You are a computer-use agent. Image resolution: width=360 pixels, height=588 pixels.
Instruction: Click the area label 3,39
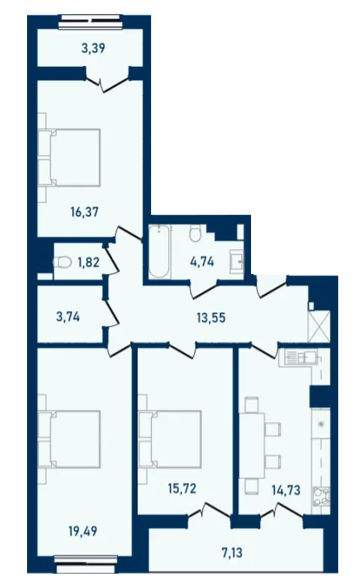[93, 48]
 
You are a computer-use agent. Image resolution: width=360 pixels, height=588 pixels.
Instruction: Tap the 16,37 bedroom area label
[84, 213]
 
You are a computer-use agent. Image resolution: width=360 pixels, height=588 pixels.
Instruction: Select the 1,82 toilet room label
[89, 262]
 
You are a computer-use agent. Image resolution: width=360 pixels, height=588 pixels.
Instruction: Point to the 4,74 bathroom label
[202, 261]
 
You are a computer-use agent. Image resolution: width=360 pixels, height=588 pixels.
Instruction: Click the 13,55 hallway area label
[211, 318]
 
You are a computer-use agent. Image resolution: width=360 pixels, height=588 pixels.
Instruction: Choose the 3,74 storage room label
[68, 317]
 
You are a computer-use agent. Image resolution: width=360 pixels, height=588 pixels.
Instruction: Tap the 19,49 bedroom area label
[83, 531]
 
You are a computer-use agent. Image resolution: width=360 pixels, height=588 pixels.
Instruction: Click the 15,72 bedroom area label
[182, 489]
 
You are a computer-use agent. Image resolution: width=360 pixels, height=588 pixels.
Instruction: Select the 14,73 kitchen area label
[286, 490]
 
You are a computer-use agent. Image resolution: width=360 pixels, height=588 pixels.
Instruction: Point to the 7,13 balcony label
[232, 553]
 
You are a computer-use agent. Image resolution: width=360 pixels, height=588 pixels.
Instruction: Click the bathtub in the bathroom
[159, 252]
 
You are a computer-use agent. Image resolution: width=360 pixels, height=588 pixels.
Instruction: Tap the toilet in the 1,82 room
[62, 262]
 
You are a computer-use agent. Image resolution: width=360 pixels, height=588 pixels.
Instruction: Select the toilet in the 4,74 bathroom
[195, 233]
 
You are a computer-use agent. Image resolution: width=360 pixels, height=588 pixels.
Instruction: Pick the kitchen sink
[301, 357]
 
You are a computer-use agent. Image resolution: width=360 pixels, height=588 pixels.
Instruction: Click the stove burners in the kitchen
[322, 496]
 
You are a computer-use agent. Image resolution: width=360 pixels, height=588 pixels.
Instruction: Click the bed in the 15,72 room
[170, 439]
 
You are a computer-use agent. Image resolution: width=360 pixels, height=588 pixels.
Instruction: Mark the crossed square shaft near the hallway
[319, 326]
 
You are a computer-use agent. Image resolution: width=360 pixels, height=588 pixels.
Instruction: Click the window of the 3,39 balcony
[91, 22]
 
